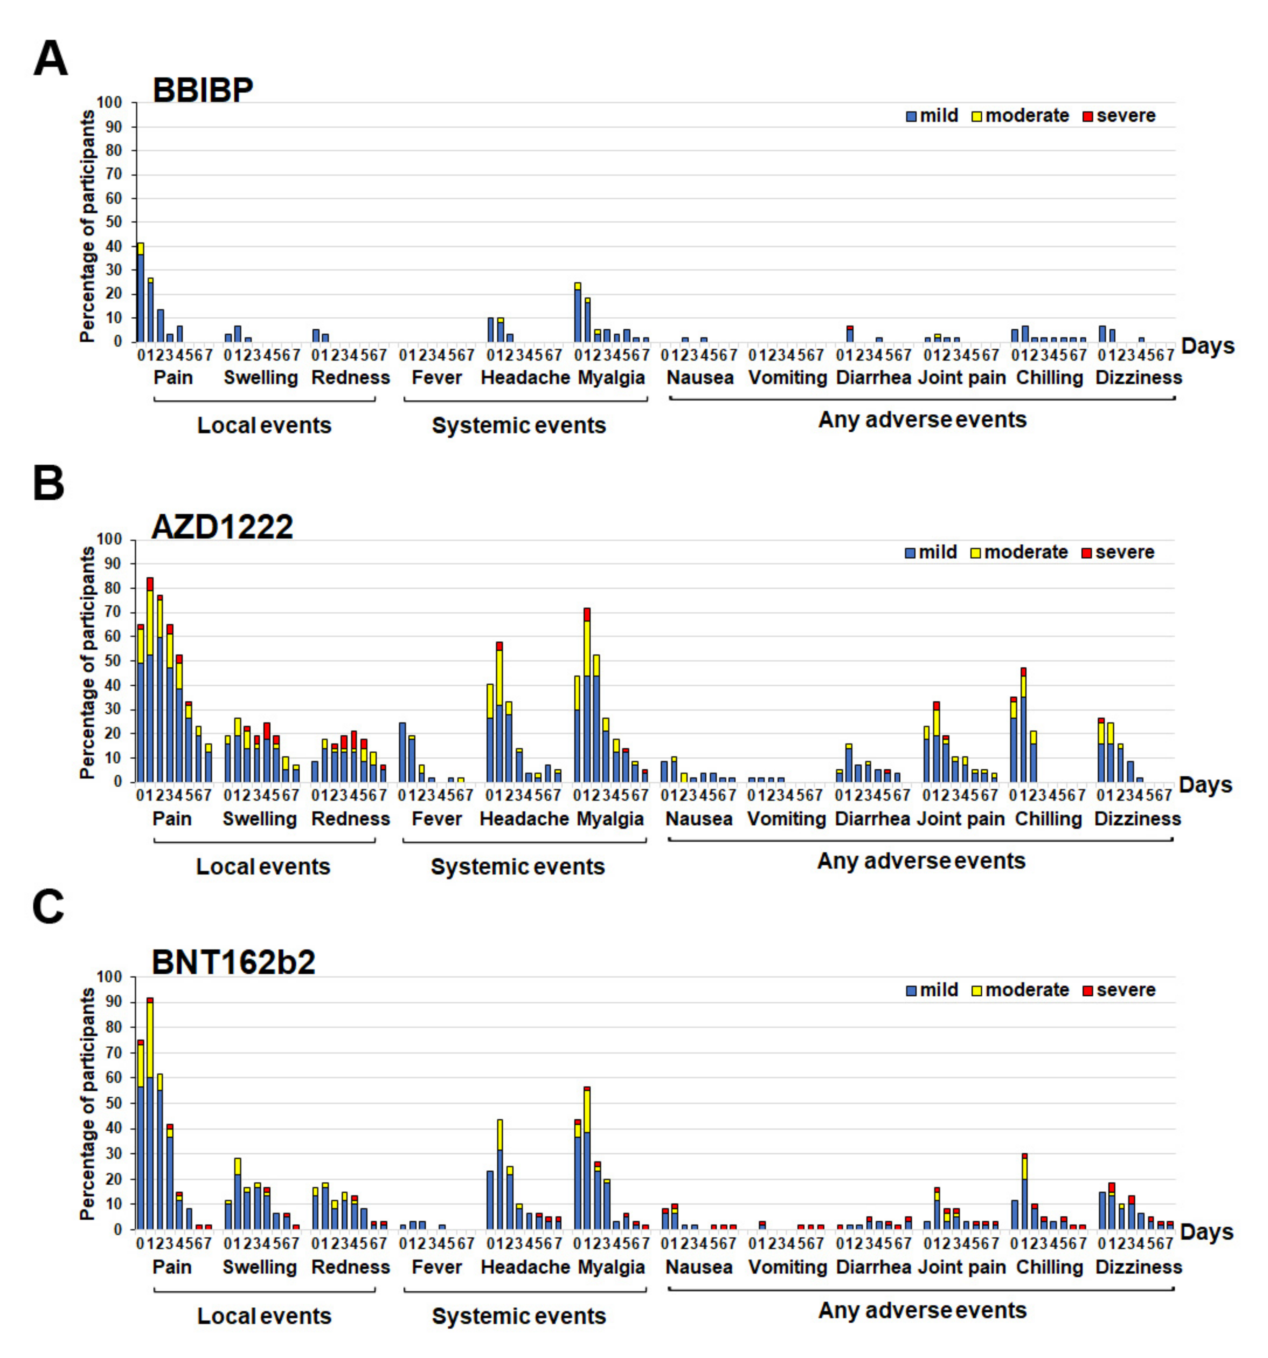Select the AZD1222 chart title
[x=222, y=527]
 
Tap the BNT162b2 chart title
[x=233, y=962]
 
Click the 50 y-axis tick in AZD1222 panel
[x=113, y=661]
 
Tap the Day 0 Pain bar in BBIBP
[x=141, y=294]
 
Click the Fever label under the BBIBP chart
[x=436, y=378]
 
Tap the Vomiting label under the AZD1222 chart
[x=786, y=818]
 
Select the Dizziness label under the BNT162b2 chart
[x=1138, y=1267]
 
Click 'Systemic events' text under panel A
[x=519, y=425]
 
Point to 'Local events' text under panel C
[x=264, y=1317]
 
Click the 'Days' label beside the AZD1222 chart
[x=1206, y=785]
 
